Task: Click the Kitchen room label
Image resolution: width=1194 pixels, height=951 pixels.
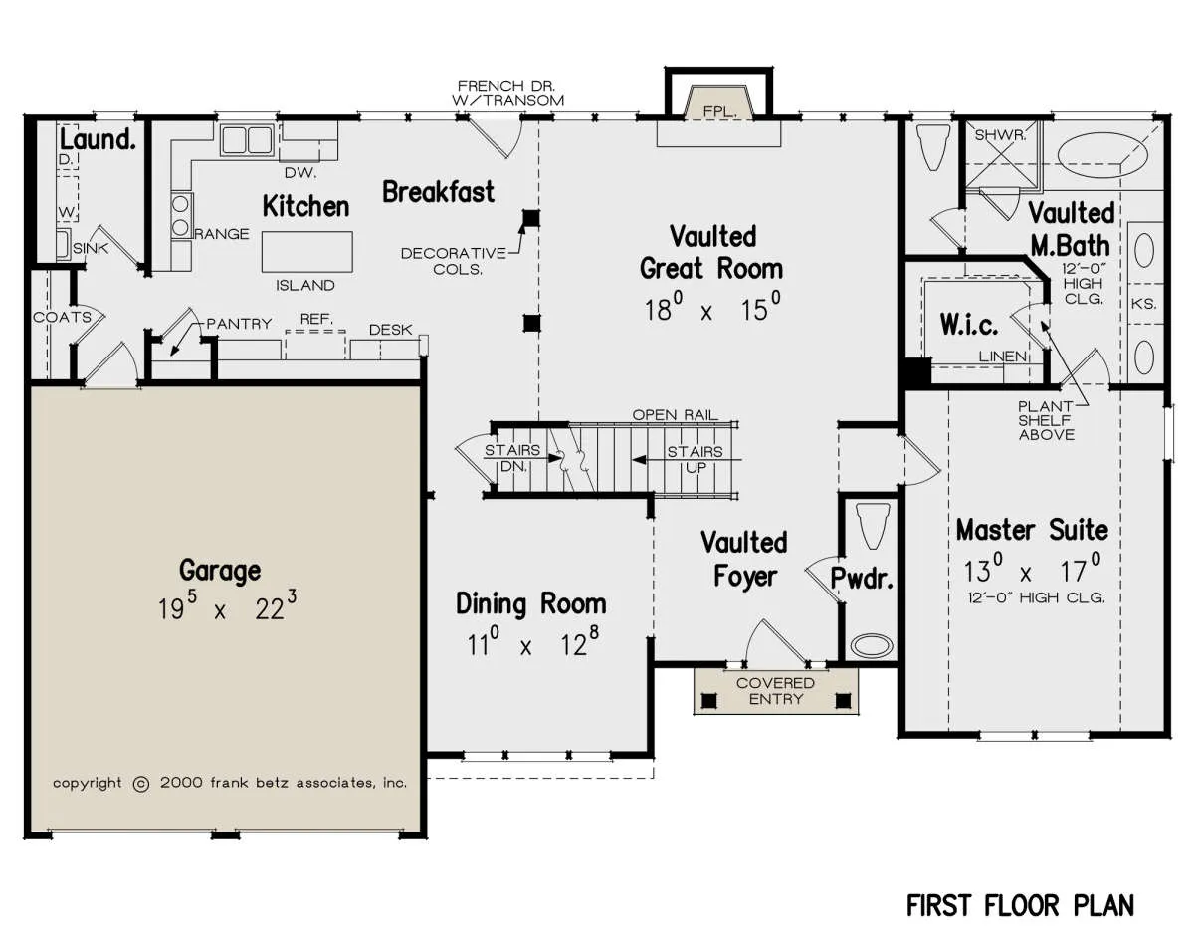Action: point(305,207)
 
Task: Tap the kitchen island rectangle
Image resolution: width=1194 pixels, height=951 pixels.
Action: point(306,252)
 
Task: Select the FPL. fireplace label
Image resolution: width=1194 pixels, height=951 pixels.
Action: point(719,112)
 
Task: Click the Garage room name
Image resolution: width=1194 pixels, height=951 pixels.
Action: point(220,571)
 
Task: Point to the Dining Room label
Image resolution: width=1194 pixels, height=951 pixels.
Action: point(531,603)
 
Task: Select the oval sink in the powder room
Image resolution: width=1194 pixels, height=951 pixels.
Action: point(872,646)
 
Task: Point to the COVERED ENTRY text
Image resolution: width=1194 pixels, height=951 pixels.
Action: point(776,690)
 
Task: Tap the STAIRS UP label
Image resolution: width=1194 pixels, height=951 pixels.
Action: point(696,459)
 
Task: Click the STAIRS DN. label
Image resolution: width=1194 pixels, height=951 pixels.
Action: point(512,458)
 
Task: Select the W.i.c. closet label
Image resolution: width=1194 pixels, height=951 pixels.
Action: point(969,324)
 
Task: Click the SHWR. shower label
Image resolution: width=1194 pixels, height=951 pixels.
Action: point(1000,135)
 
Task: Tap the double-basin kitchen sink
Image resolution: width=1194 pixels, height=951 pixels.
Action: point(247,139)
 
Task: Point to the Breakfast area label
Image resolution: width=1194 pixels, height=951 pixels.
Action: point(439,192)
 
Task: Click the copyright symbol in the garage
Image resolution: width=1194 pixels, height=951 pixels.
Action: point(141,784)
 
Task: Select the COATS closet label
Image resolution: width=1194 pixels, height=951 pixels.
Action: point(62,318)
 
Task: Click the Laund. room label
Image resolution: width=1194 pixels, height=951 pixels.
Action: point(98,139)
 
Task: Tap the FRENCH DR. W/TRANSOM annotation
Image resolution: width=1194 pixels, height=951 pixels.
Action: point(507,93)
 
